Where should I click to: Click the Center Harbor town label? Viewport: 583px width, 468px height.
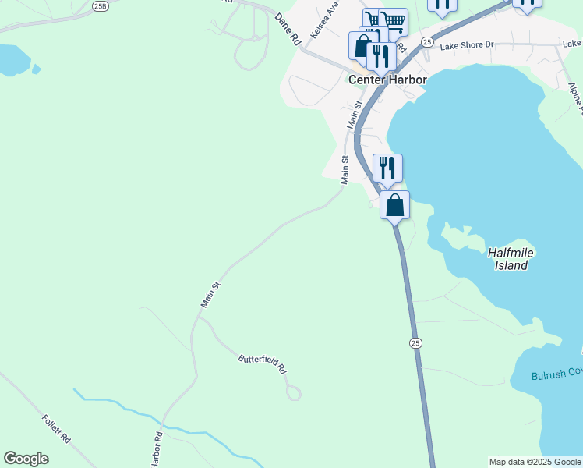point(387,80)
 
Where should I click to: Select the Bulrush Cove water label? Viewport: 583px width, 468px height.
point(556,374)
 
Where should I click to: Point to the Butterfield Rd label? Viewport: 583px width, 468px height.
point(263,363)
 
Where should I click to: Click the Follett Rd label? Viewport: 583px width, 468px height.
point(56,430)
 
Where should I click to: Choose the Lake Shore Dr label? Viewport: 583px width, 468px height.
point(467,45)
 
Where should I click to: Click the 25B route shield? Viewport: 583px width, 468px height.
point(99,5)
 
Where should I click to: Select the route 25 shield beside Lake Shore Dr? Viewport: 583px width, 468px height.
point(426,41)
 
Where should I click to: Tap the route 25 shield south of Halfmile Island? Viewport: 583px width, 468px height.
point(415,343)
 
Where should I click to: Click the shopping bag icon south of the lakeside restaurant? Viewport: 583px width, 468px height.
point(395,206)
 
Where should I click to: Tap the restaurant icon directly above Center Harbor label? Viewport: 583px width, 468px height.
point(380,56)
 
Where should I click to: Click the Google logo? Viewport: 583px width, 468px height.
point(26,459)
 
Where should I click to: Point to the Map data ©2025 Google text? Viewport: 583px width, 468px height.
point(535,462)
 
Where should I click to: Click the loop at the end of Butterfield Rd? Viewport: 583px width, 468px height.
point(293,392)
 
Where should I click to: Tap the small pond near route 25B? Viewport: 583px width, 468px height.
point(12,59)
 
